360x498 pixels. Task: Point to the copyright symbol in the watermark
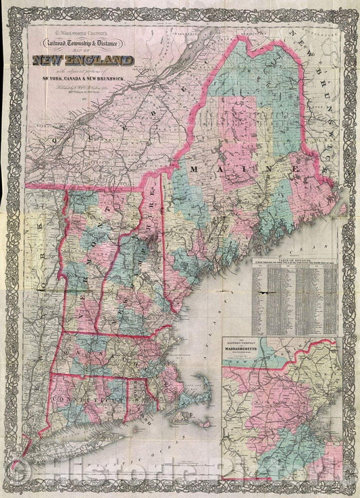tap(18, 480)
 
